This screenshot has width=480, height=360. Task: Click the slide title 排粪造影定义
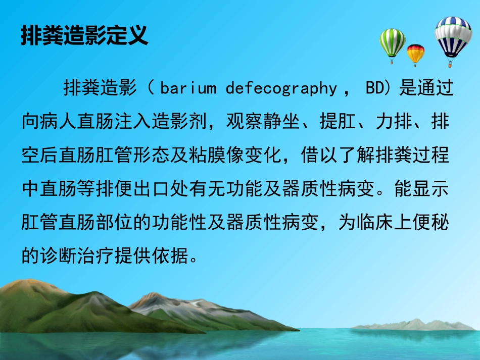[84, 36]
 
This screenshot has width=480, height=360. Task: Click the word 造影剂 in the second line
[176, 122]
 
